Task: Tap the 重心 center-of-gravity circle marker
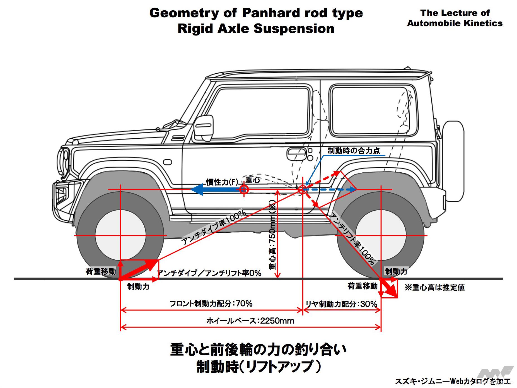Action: click(244, 190)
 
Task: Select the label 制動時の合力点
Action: click(354, 151)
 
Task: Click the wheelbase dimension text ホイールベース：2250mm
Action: click(250, 321)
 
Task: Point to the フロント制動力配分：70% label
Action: click(211, 303)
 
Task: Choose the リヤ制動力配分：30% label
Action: click(341, 304)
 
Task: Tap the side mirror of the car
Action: click(203, 129)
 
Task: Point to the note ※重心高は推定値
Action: click(435, 287)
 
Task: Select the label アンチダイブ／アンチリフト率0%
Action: click(209, 273)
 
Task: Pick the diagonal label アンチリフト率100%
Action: click(352, 239)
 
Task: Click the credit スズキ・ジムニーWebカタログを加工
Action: click(452, 382)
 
